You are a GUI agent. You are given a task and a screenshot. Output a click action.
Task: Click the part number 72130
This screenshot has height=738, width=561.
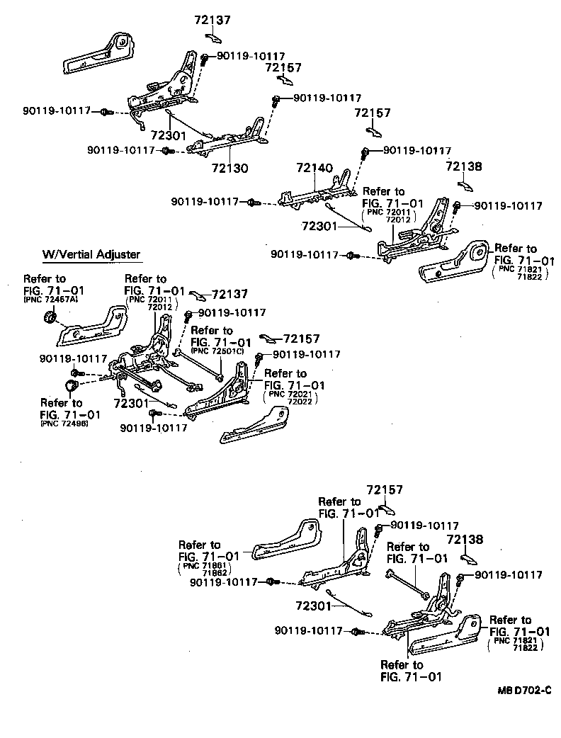229,169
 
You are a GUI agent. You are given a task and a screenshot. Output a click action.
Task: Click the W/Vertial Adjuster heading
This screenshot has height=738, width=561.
91,254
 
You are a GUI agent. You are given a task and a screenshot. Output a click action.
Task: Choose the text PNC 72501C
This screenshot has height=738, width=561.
218,351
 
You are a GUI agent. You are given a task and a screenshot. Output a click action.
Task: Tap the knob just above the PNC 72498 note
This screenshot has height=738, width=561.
71,386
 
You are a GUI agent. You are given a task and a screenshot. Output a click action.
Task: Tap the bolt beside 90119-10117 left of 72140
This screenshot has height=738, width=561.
251,203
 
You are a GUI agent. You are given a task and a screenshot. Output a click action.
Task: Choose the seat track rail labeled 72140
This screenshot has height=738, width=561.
312,195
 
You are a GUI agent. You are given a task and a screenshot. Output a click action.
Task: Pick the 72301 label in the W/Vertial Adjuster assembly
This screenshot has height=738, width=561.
130,404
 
